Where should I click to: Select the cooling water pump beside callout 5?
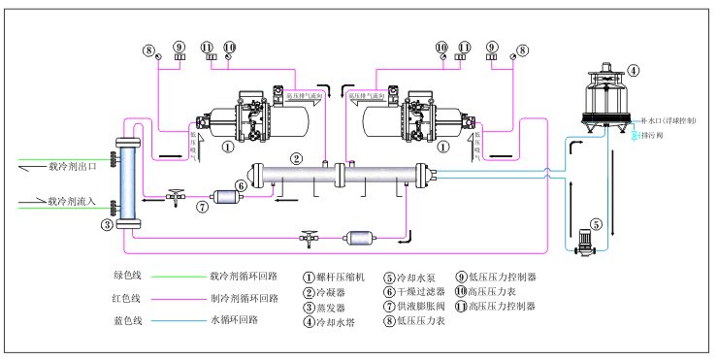pyautogui.click(x=584, y=241)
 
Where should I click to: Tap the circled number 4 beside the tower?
pyautogui.click(x=633, y=70)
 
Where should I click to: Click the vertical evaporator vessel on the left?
pyautogui.click(x=122, y=184)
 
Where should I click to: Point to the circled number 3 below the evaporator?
pyautogui.click(x=107, y=226)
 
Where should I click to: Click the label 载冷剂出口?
pyautogui.click(x=73, y=166)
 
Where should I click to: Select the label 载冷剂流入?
pyautogui.click(x=73, y=202)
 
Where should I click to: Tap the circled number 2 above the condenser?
pyautogui.click(x=297, y=158)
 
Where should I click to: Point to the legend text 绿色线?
pyautogui.click(x=127, y=277)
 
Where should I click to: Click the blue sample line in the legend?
pyautogui.click(x=179, y=319)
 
